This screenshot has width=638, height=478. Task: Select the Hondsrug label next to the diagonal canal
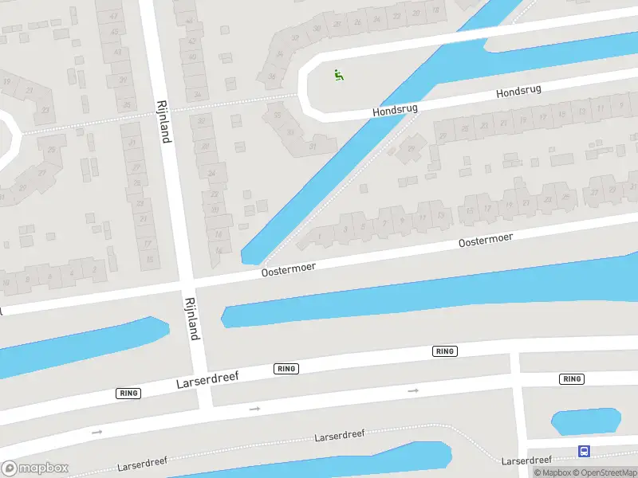396,108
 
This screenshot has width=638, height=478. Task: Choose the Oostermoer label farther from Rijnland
485,240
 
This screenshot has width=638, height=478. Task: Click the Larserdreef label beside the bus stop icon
526,460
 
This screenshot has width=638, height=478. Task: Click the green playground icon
339,75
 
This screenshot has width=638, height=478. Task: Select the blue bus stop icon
585,452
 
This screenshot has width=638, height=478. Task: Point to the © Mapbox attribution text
553,472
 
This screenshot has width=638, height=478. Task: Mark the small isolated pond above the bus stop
585,421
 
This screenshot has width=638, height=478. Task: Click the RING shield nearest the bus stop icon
572,379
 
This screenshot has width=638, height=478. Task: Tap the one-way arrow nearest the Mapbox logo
97,432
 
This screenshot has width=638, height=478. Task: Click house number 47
113,16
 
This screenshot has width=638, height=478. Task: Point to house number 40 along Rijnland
191,57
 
